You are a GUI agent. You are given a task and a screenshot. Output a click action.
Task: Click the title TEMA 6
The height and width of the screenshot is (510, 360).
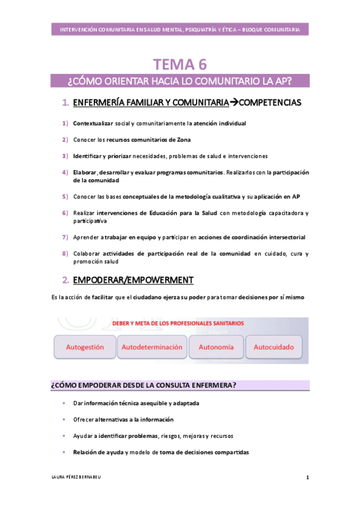(x=180, y=64)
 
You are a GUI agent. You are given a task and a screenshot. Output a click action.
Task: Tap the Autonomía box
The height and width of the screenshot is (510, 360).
(x=216, y=347)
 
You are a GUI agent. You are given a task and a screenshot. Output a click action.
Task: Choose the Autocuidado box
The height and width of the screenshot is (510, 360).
(x=273, y=347)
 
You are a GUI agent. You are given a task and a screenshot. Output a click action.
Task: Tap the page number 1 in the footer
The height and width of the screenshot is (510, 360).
(x=307, y=478)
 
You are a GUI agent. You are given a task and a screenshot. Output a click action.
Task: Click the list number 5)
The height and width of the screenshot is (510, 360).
(x=65, y=196)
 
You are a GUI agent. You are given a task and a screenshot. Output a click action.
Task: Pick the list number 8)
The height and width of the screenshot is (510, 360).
(x=65, y=254)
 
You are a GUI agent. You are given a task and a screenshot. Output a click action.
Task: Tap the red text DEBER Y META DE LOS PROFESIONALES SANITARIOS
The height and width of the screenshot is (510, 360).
(x=178, y=323)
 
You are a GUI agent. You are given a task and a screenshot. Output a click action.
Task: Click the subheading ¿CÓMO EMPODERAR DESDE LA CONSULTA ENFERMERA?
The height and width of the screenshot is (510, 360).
(x=143, y=385)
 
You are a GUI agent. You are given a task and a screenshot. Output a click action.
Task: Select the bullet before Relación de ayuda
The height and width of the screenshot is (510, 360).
(x=64, y=452)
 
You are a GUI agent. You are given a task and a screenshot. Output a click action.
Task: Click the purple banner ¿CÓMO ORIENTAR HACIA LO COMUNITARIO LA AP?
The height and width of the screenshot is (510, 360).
(x=180, y=81)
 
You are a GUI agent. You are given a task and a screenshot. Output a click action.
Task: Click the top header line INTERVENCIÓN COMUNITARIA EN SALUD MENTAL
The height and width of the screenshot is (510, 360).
(x=180, y=29)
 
